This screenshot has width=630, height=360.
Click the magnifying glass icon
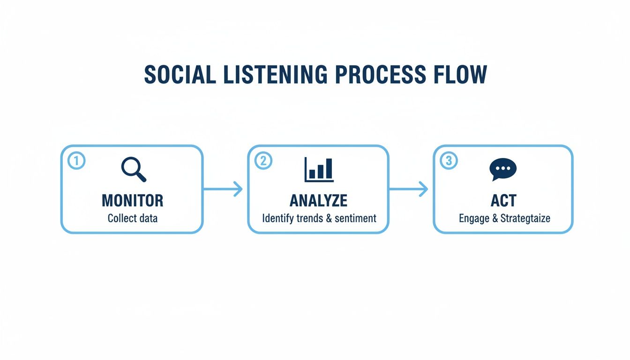pyautogui.click(x=133, y=169)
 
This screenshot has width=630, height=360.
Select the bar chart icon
pyautogui.click(x=319, y=169)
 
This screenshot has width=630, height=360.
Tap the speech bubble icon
pyautogui.click(x=502, y=169)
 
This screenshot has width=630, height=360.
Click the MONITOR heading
pyautogui.click(x=133, y=201)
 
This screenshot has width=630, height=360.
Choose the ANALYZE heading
pyautogui.click(x=319, y=201)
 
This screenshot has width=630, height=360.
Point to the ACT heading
pyautogui.click(x=503, y=201)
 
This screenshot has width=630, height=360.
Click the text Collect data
pyautogui.click(x=133, y=218)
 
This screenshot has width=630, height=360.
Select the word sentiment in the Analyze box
pyautogui.click(x=355, y=218)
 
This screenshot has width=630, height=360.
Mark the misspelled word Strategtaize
pyautogui.click(x=525, y=218)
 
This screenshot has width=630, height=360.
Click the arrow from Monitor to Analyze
pyautogui.click(x=224, y=189)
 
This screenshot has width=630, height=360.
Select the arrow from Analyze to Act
pyautogui.click(x=409, y=189)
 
